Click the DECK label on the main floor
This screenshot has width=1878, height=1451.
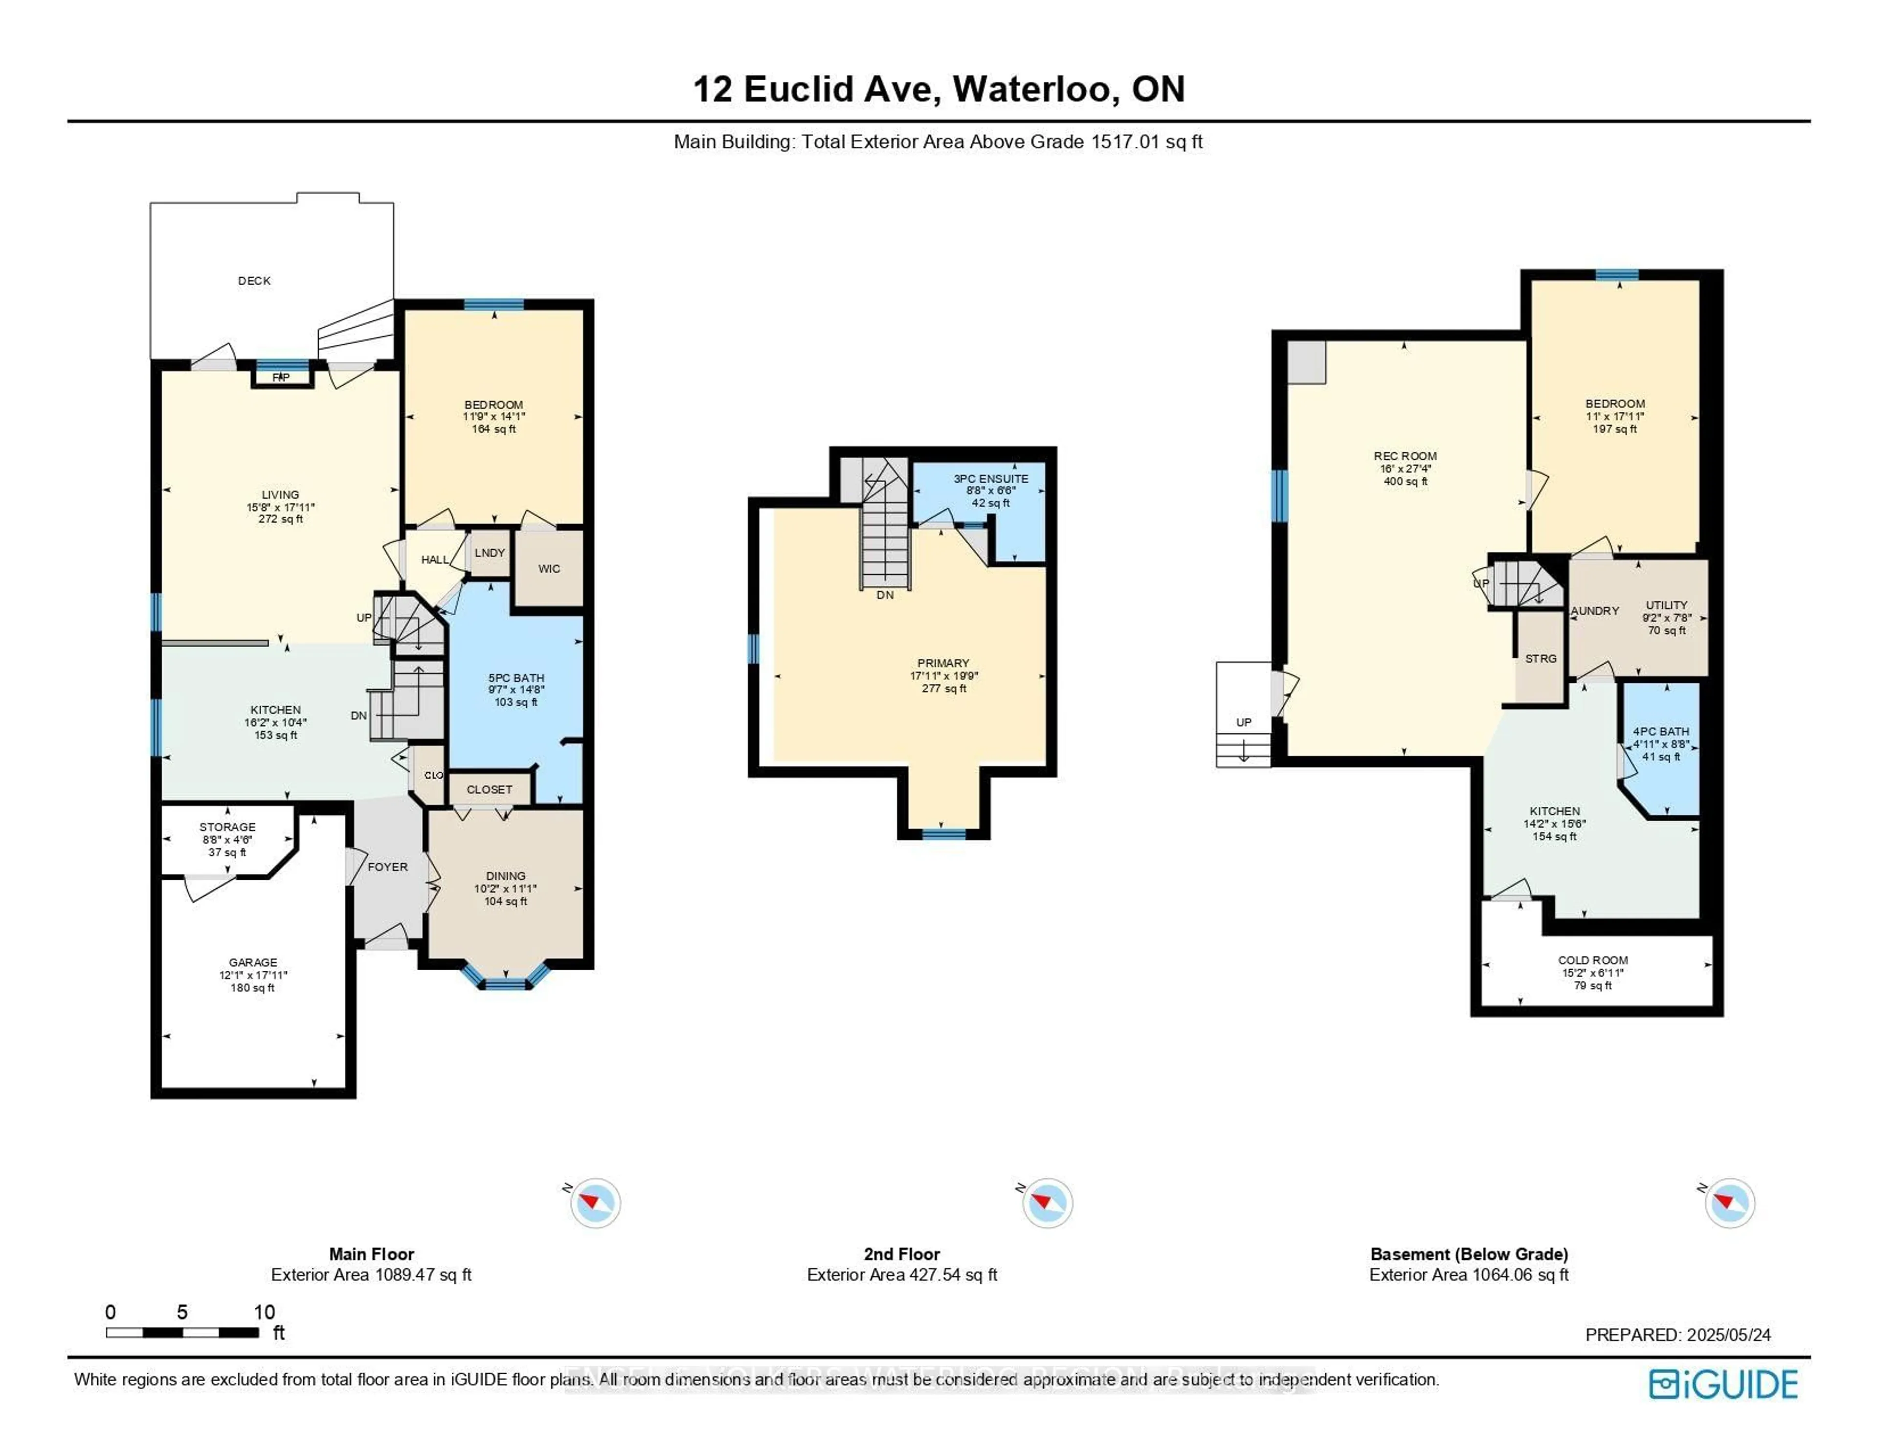click(254, 280)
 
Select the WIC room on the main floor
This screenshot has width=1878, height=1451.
click(549, 569)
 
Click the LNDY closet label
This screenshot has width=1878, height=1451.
click(489, 553)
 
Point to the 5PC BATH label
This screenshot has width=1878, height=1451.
click(516, 678)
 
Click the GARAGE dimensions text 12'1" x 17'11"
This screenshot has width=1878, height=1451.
click(253, 975)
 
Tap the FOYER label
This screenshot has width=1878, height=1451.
click(387, 867)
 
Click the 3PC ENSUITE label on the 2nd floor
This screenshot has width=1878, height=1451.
click(990, 479)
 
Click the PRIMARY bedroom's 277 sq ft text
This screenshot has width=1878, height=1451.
click(943, 689)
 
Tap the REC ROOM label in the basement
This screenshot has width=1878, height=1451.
click(1405, 456)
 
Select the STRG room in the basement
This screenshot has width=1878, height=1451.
click(1540, 659)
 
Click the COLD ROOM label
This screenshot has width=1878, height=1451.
click(1592, 960)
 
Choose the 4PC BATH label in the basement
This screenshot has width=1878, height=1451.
click(1660, 731)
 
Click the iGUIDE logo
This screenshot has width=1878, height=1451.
click(1723, 1384)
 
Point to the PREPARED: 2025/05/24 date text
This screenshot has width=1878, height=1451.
click(1677, 1335)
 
